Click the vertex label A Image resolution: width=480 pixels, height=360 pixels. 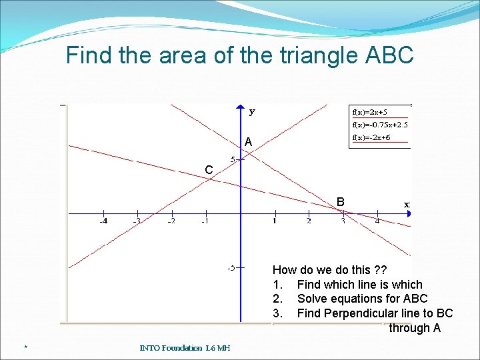[x=248, y=142]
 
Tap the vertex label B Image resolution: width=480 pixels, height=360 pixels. [x=341, y=201]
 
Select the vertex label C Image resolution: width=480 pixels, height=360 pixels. [x=209, y=171]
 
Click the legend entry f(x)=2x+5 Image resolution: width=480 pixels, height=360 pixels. [x=370, y=112]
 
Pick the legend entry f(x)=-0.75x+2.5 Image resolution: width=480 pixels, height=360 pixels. [x=380, y=125]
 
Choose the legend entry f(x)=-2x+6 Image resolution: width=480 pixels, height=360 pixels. [x=371, y=138]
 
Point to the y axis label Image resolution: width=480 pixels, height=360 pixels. [x=252, y=112]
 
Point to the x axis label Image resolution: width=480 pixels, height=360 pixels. [x=407, y=204]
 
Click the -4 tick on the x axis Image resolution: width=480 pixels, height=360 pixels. [x=104, y=221]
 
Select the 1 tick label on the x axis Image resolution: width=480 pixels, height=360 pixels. [x=274, y=221]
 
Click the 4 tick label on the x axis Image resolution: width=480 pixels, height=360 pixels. [x=377, y=221]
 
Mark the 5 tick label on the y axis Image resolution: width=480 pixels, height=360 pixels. [x=233, y=159]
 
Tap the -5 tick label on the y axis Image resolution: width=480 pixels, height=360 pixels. [x=230, y=268]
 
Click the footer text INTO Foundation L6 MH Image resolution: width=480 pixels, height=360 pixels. [x=185, y=347]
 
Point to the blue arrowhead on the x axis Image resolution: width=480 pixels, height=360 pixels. [x=409, y=213]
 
